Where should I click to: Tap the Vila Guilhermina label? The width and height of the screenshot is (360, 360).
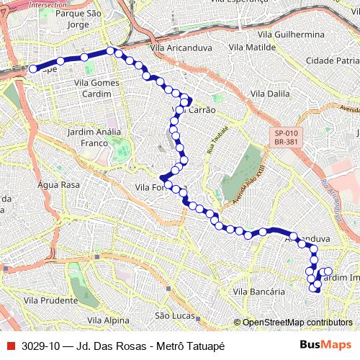click(x=290, y=34)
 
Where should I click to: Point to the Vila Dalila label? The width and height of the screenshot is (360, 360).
click(x=269, y=94)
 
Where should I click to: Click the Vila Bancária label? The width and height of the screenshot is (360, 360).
click(x=259, y=292)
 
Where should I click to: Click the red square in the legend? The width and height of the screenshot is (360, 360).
click(x=10, y=346)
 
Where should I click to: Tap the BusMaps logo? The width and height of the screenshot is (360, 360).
click(x=325, y=346)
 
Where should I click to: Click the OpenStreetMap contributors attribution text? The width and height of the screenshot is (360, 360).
click(x=297, y=323)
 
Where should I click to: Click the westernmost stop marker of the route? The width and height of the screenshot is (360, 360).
click(x=32, y=68)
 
